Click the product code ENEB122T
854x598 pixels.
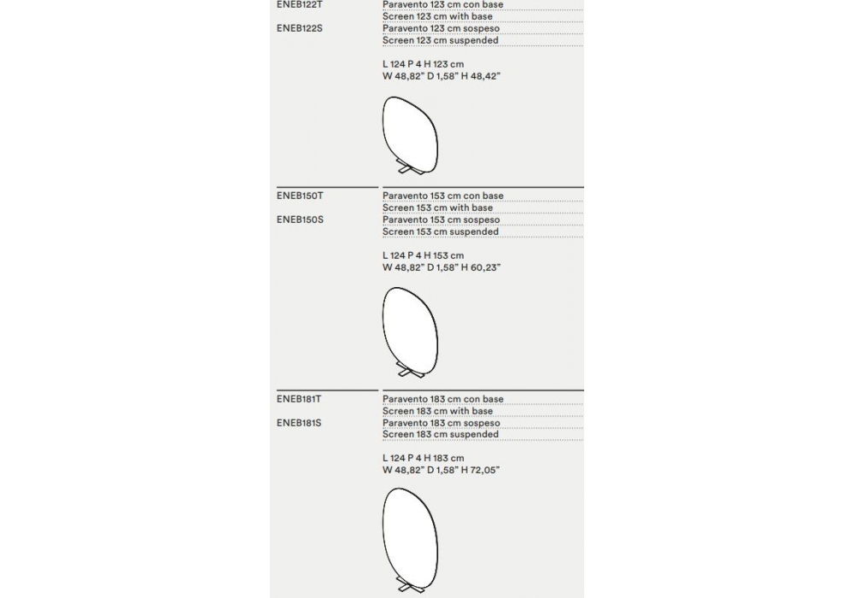click(299, 4)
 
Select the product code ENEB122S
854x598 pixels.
click(299, 28)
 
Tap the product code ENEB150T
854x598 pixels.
click(300, 196)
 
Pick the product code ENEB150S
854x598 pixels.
click(300, 220)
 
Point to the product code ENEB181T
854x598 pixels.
click(299, 399)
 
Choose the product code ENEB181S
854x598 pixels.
click(299, 423)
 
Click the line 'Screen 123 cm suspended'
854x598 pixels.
click(440, 40)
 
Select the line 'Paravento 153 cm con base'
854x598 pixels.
click(442, 196)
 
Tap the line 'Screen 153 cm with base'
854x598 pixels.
click(437, 208)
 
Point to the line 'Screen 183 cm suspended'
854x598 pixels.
click(440, 434)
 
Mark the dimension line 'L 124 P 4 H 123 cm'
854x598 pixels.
click(423, 64)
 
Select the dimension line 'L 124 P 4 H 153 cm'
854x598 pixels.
click(423, 255)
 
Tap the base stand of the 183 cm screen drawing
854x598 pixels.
click(404, 589)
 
